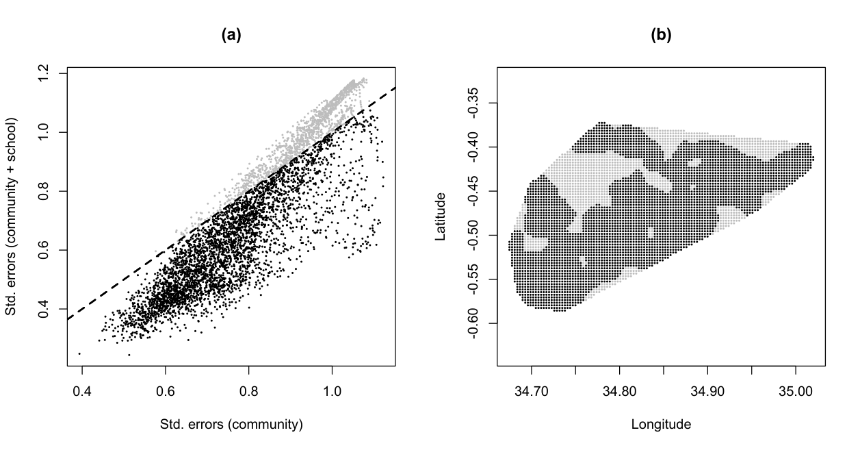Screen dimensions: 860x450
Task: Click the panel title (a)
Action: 231,36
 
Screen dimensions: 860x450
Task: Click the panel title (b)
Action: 661,36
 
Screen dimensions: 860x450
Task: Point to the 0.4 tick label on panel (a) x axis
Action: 82,391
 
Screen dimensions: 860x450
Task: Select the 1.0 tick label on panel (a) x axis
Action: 332,391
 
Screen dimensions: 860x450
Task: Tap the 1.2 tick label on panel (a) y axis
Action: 43,73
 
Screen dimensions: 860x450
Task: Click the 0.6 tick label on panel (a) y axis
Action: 43,250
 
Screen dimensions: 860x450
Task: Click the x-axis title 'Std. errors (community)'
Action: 231,424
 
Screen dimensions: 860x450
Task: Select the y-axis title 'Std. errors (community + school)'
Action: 11,216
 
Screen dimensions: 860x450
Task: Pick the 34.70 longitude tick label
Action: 532,391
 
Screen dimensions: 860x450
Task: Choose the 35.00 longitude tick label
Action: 796,391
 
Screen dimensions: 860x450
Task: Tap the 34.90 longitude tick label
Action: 707,391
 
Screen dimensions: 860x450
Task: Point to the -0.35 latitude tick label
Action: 473,103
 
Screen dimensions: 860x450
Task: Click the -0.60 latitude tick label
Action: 473,323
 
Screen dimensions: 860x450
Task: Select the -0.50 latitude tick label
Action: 473,235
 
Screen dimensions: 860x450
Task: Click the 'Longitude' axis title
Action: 661,424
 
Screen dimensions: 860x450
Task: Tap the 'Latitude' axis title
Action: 441,216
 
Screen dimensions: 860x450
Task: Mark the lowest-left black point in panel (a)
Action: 79,353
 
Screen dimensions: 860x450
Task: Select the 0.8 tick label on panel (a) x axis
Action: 249,391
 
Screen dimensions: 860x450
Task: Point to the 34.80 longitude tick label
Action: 620,391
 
